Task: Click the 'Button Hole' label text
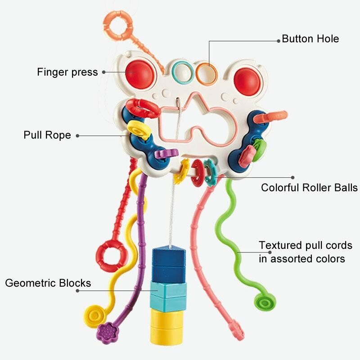coord(310,39)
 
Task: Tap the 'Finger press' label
coord(67,72)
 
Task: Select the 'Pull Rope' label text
coord(47,135)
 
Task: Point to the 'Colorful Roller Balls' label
coord(309,188)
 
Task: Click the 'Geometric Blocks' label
coord(48,283)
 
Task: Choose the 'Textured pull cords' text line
coord(305,245)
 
